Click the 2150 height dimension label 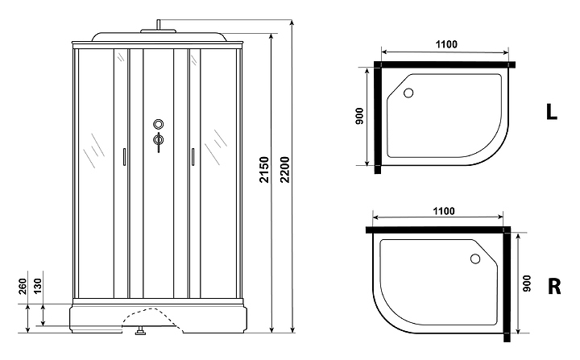pyautogui.click(x=264, y=170)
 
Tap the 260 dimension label pyautogui.click(x=23, y=287)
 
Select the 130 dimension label pyautogui.click(x=38, y=287)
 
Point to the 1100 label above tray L pyautogui.click(x=446, y=44)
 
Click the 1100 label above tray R pyautogui.click(x=444, y=211)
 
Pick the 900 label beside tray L pyautogui.click(x=359, y=116)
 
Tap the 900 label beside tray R pyautogui.click(x=527, y=283)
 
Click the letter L pyautogui.click(x=551, y=111)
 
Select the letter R pyautogui.click(x=553, y=286)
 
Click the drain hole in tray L pyautogui.click(x=408, y=93)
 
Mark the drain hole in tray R pyautogui.click(x=475, y=259)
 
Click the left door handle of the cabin pyautogui.click(x=124, y=156)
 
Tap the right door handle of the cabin pyautogui.click(x=193, y=156)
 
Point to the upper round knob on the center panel pyautogui.click(x=159, y=124)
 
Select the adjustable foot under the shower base pyautogui.click(x=140, y=331)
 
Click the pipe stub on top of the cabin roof pyautogui.click(x=159, y=24)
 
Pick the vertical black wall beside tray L pyautogui.click(x=377, y=118)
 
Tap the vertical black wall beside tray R pyautogui.click(x=507, y=284)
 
